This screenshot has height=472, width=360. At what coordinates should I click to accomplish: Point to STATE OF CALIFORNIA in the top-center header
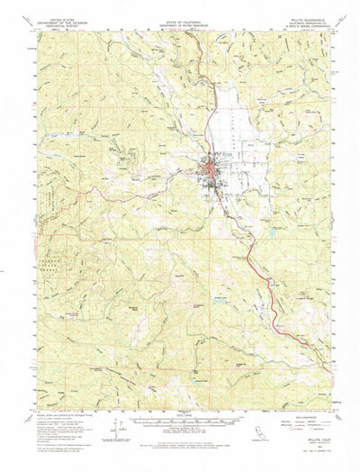pos(181,14)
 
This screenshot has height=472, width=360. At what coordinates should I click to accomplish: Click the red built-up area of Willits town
pos(209,166)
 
